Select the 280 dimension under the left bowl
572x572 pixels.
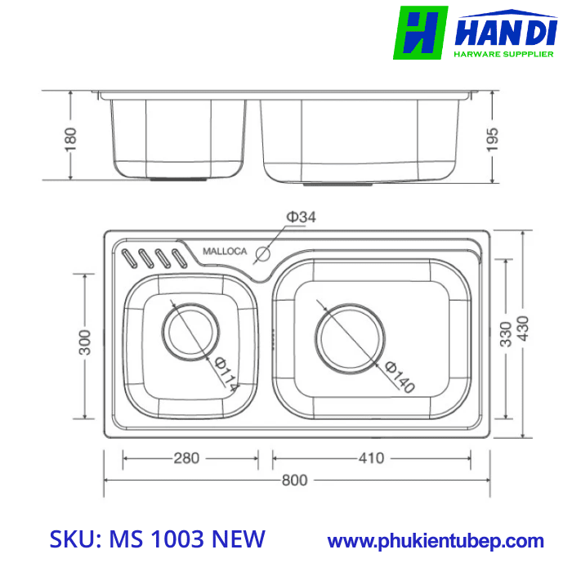tap(185, 458)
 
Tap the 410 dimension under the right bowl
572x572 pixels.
tap(370, 458)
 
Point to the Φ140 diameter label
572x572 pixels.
tap(399, 376)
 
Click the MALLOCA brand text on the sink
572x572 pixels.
tap(224, 252)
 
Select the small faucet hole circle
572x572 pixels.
tap(263, 252)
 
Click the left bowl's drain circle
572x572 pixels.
tap(191, 330)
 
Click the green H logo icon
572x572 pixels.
tap(420, 33)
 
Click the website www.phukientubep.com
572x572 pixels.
tap(435, 541)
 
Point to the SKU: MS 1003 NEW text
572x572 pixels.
tap(158, 539)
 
